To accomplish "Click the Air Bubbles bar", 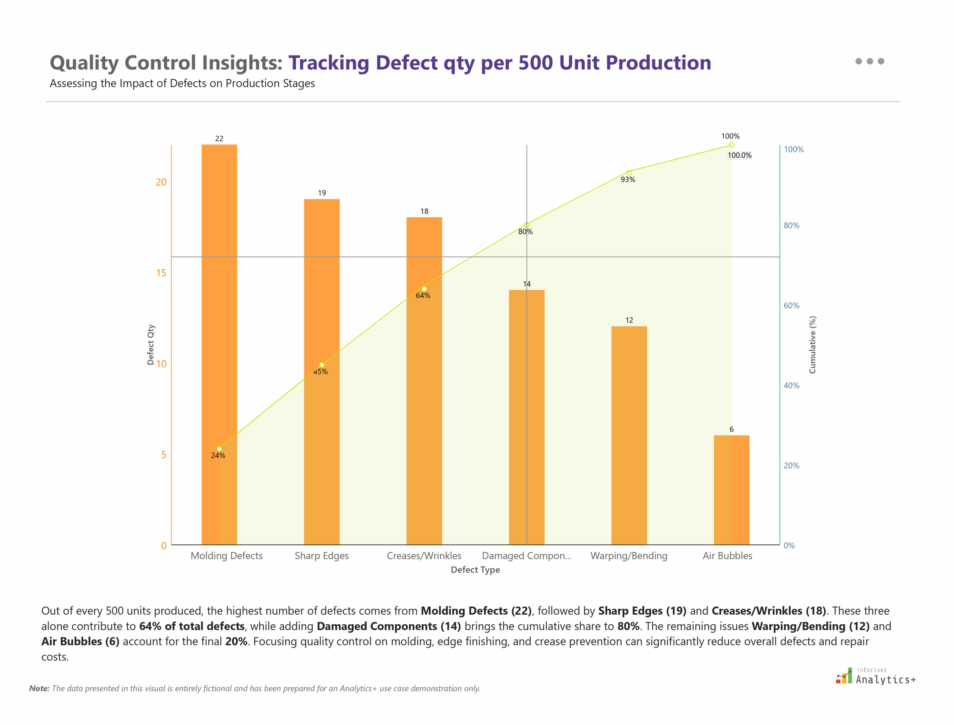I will (732, 490).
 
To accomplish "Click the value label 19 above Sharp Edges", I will (322, 193).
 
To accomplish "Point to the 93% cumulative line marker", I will (629, 173).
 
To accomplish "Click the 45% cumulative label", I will (320, 372).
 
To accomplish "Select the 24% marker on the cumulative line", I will (219, 449).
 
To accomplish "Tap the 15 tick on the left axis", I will (161, 273).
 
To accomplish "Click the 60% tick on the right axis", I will (791, 306).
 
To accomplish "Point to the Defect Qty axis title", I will (151, 344).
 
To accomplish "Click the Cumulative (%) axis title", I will (812, 345).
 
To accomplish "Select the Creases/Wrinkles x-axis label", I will (424, 556).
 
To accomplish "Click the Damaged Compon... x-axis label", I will (527, 556).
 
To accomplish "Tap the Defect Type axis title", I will (475, 570).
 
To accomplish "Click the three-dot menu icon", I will (869, 61).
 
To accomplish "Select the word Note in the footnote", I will (39, 689).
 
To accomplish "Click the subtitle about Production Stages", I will (182, 83).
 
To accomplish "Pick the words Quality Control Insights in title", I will (166, 63).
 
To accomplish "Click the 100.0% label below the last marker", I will (739, 155).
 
